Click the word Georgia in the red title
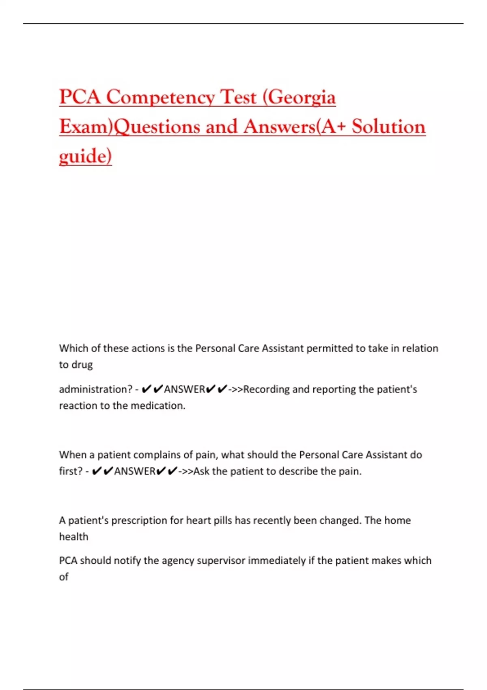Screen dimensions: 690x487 click(x=302, y=97)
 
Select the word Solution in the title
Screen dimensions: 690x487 click(x=388, y=127)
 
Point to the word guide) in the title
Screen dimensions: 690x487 click(x=85, y=156)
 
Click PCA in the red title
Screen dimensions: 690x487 click(x=80, y=97)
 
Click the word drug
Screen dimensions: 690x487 click(x=82, y=365)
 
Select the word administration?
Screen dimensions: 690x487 click(x=96, y=389)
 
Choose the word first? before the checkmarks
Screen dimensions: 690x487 click(x=71, y=471)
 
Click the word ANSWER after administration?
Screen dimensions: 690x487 click(x=185, y=389)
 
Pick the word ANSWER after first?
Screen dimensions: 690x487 click(x=135, y=471)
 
